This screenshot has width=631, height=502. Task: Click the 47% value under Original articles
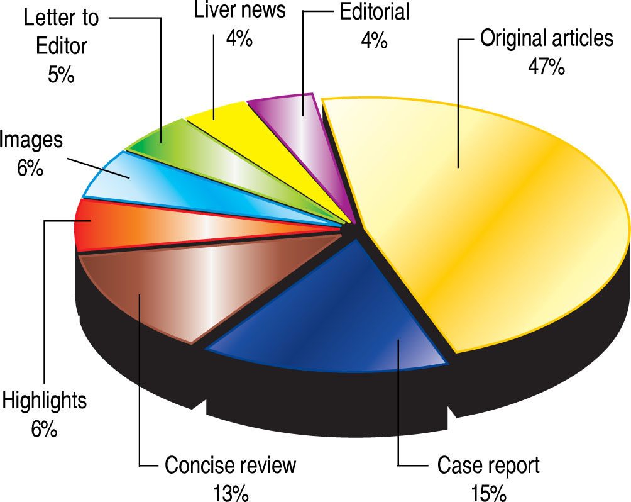tap(546, 67)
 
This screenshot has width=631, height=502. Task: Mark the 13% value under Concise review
tap(229, 491)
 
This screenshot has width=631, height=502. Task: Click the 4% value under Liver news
tap(239, 39)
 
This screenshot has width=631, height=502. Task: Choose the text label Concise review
tap(229, 466)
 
